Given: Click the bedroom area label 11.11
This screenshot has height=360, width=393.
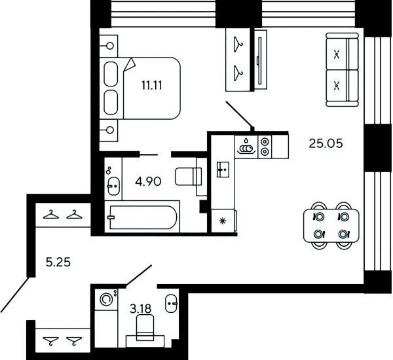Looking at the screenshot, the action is pyautogui.click(x=152, y=86).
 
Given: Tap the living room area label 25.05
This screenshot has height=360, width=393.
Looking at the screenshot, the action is pyautogui.click(x=326, y=143).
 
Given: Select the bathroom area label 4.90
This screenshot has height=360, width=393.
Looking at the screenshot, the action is pyautogui.click(x=148, y=181).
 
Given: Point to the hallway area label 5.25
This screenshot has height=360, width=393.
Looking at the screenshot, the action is pyautogui.click(x=58, y=262).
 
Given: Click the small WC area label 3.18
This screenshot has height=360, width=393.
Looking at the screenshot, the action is pyautogui.click(x=141, y=309).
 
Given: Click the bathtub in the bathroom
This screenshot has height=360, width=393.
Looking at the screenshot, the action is pyautogui.click(x=142, y=217).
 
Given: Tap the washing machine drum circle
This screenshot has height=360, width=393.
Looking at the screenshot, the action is pyautogui.click(x=105, y=299).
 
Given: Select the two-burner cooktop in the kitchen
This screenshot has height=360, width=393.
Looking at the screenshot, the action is pyautogui.click(x=265, y=147).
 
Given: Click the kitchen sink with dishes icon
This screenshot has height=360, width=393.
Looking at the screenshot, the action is pyautogui.click(x=246, y=147).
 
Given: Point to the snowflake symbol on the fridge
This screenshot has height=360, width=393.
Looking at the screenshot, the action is pyautogui.click(x=223, y=221).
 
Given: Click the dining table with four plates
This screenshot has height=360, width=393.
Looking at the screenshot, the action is pyautogui.click(x=331, y=226).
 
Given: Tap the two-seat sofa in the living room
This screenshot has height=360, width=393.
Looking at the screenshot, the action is pyautogui.click(x=342, y=69).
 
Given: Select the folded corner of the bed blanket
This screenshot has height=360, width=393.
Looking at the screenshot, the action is pyautogui.click(x=130, y=65).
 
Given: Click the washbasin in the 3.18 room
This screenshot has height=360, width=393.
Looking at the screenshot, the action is pyautogui.click(x=172, y=304).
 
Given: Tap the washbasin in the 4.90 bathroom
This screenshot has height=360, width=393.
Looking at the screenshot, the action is pyautogui.click(x=114, y=186).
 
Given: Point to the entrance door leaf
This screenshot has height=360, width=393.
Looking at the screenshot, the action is pyautogui.click(x=16, y=295).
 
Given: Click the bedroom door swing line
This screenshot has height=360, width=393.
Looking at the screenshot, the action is pyautogui.click(x=240, y=115).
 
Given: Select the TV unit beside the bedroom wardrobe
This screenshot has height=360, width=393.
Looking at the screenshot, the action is pyautogui.click(x=261, y=60).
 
